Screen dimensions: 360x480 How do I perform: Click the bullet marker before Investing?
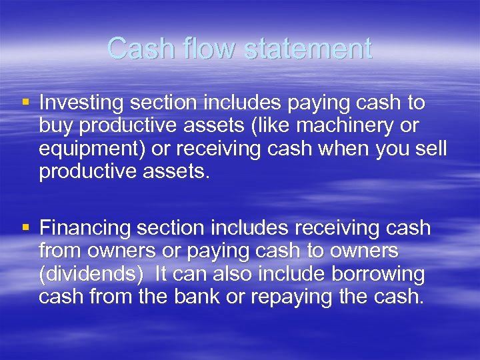(25, 103)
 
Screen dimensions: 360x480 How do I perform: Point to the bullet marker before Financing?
(25, 228)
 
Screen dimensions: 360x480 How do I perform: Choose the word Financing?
(85, 229)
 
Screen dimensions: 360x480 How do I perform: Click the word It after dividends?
(162, 274)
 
